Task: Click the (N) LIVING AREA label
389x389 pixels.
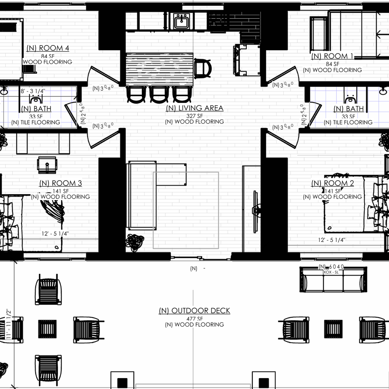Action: (x=194, y=108)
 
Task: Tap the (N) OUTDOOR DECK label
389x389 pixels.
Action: (x=194, y=311)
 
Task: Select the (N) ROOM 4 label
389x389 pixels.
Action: (x=48, y=49)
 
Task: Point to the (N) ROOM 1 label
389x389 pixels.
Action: (x=332, y=56)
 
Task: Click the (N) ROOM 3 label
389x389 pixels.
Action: (x=60, y=183)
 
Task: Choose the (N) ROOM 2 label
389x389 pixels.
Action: (x=332, y=183)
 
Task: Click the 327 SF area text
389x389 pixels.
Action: (x=194, y=115)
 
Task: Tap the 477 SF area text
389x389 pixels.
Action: (x=194, y=318)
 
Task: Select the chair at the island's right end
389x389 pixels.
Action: (x=203, y=68)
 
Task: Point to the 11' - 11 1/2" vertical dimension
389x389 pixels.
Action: (x=8, y=324)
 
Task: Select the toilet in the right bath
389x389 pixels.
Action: (x=349, y=98)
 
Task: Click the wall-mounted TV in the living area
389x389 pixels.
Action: (x=255, y=210)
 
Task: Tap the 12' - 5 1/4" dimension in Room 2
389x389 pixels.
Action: (x=331, y=240)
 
